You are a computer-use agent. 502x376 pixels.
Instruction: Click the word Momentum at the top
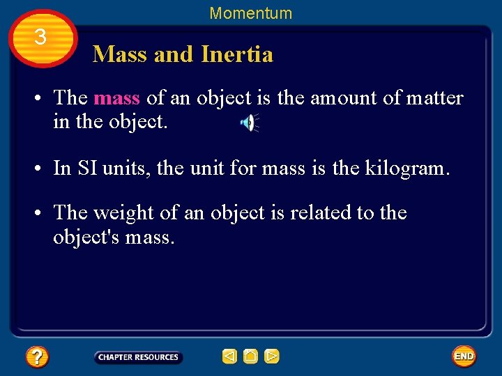[x=251, y=13]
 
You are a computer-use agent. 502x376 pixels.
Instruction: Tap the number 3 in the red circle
[x=41, y=38]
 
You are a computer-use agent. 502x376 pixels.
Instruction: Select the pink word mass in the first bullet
[x=116, y=98]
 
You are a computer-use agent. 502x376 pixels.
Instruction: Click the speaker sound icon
[x=248, y=123]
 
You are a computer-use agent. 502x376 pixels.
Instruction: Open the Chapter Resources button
[x=138, y=357]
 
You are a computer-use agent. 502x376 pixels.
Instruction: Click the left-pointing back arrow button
[x=229, y=357]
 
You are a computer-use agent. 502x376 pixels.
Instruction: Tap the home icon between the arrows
[x=250, y=357]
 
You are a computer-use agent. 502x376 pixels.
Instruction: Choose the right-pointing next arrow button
[x=272, y=357]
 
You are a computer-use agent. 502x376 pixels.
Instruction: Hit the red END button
[x=464, y=357]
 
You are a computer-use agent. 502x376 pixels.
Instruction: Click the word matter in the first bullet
[x=436, y=98]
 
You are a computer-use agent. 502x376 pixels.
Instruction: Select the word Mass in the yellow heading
[x=120, y=54]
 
